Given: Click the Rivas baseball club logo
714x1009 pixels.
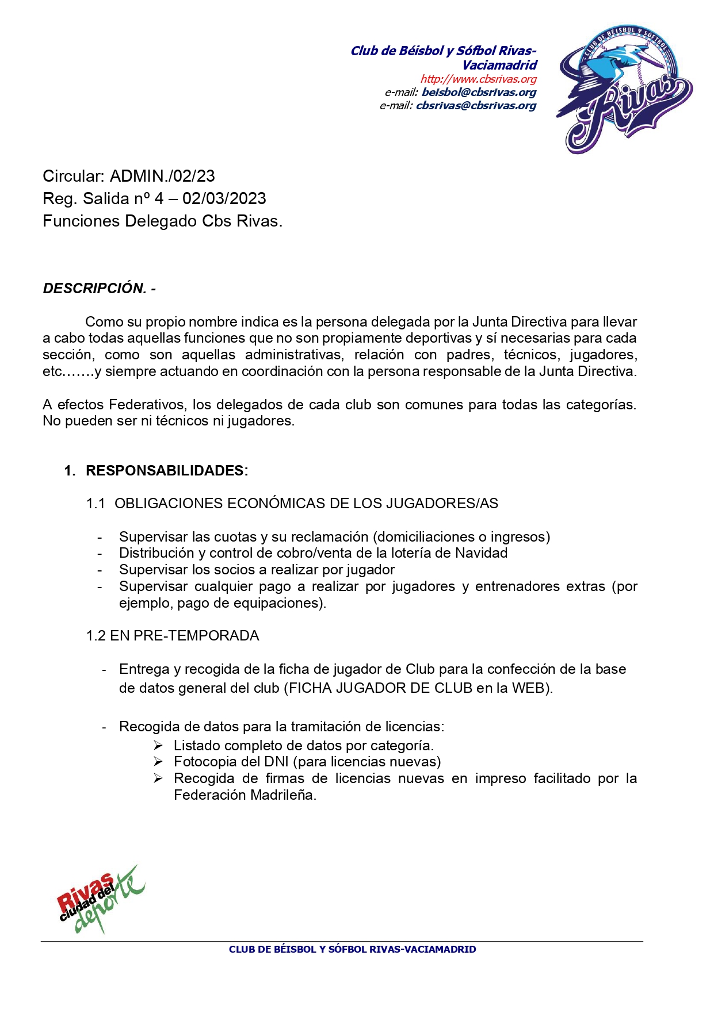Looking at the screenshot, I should [x=624, y=89].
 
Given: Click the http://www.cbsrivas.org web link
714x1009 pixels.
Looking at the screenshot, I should [x=478, y=79].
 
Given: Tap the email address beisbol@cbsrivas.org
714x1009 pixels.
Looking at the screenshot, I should [x=479, y=92].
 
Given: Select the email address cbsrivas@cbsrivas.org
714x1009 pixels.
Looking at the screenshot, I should [x=476, y=105].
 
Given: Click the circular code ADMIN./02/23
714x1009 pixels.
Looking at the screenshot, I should [x=162, y=176].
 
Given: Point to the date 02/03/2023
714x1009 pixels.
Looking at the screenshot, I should [x=224, y=198].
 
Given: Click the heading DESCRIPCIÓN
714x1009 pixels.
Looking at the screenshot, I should [x=95, y=288].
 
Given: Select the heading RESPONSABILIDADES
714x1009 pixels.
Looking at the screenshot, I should [x=166, y=470].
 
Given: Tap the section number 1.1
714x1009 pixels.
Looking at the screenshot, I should [x=96, y=504].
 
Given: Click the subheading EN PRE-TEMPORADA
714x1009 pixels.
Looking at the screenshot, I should [x=184, y=635].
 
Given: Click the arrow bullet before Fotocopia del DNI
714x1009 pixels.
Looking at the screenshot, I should [x=158, y=762].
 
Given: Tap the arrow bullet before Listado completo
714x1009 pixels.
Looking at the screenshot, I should [x=158, y=746].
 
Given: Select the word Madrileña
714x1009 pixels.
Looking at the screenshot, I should [x=284, y=795].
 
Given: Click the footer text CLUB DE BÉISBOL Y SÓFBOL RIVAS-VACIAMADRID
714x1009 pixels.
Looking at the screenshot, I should [x=352, y=949].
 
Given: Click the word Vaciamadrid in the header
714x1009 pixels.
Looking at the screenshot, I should [x=499, y=65].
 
